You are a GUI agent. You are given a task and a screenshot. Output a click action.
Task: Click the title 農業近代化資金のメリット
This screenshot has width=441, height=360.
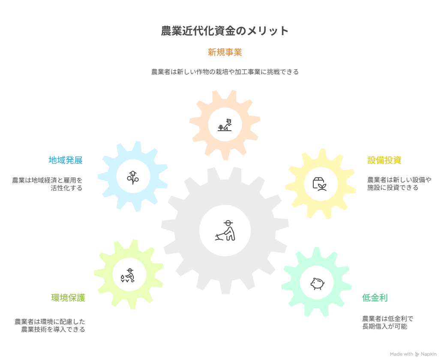click(225, 31)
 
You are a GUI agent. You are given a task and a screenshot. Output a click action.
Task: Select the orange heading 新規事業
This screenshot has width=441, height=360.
click(225, 52)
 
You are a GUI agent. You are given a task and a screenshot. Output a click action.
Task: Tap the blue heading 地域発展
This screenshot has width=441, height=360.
click(65, 160)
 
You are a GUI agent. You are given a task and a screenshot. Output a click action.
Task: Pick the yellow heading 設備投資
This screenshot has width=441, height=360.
click(384, 160)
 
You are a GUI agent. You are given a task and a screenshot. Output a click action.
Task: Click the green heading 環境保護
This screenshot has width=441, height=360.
click(68, 298)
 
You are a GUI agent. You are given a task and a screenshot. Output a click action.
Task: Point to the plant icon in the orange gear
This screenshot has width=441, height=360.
click(225, 124)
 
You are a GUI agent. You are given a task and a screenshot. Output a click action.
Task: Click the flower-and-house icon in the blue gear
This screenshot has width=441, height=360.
click(133, 176)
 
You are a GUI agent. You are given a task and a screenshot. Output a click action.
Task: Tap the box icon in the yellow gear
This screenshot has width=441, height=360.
click(320, 184)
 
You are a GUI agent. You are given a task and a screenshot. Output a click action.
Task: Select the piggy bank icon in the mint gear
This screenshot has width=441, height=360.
click(317, 283)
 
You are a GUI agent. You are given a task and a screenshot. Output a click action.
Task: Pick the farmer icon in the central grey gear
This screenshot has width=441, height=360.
click(225, 231)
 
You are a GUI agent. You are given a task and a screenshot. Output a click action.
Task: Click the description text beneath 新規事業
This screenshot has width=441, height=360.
click(225, 72)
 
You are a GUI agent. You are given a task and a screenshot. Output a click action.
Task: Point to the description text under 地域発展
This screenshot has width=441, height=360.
click(47, 184)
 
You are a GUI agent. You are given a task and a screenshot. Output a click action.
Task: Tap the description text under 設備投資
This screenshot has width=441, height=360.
click(399, 184)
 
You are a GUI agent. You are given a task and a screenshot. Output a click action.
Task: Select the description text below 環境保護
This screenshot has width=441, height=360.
click(50, 325)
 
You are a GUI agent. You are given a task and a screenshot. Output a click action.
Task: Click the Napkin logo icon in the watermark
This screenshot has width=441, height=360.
click(417, 354)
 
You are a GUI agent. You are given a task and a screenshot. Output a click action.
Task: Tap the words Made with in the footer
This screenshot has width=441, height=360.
click(401, 354)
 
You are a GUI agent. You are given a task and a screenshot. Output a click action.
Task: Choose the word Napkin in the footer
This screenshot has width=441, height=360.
click(429, 354)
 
